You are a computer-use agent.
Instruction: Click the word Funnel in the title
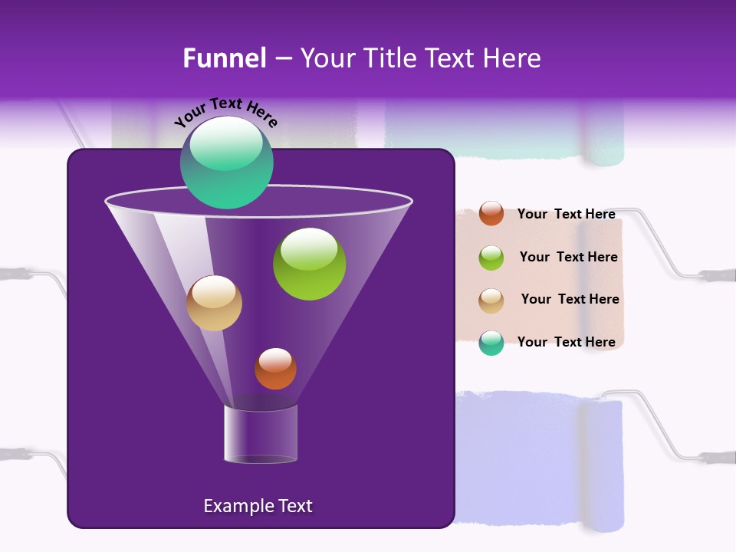tap(224, 58)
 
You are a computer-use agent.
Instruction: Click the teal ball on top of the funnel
tap(227, 163)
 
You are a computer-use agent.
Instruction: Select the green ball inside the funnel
tap(309, 264)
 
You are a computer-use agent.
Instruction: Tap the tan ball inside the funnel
tap(214, 303)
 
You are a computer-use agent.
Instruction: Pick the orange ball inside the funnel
tap(275, 369)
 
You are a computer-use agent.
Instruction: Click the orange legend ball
tap(491, 213)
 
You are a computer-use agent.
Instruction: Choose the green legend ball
tap(491, 257)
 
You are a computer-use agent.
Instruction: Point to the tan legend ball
tap(491, 300)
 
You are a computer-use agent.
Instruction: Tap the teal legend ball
tap(491, 343)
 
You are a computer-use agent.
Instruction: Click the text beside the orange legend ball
tap(566, 214)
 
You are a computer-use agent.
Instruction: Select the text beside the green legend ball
tap(568, 257)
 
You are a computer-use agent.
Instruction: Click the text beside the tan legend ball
tap(570, 299)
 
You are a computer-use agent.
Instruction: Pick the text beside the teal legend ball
tap(566, 342)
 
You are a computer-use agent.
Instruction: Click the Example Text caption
tap(258, 506)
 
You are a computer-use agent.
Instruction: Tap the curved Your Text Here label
tap(225, 112)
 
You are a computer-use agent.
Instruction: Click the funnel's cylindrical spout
tap(261, 435)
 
